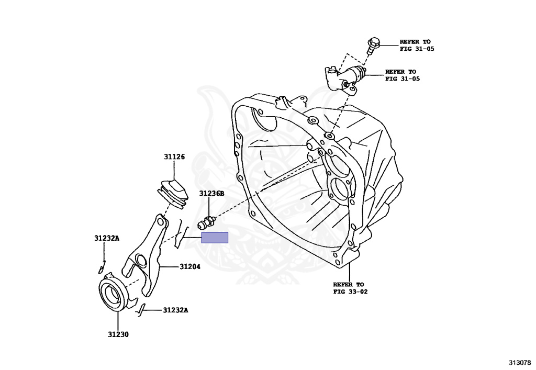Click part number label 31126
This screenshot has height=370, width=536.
pyautogui.click(x=174, y=157)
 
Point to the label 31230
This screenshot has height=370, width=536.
pyautogui.click(x=118, y=334)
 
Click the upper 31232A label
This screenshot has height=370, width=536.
pyautogui.click(x=107, y=238)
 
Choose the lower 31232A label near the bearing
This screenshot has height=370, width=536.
pyautogui.click(x=175, y=310)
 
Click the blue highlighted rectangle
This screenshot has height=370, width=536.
pyautogui.click(x=215, y=238)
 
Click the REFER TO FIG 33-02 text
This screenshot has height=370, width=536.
pyautogui.click(x=350, y=288)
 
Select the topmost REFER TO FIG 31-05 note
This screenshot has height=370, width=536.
pyautogui.click(x=417, y=45)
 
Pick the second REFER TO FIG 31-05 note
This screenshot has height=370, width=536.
pyautogui.click(x=402, y=75)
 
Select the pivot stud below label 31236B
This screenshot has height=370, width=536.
pyautogui.click(x=205, y=224)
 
